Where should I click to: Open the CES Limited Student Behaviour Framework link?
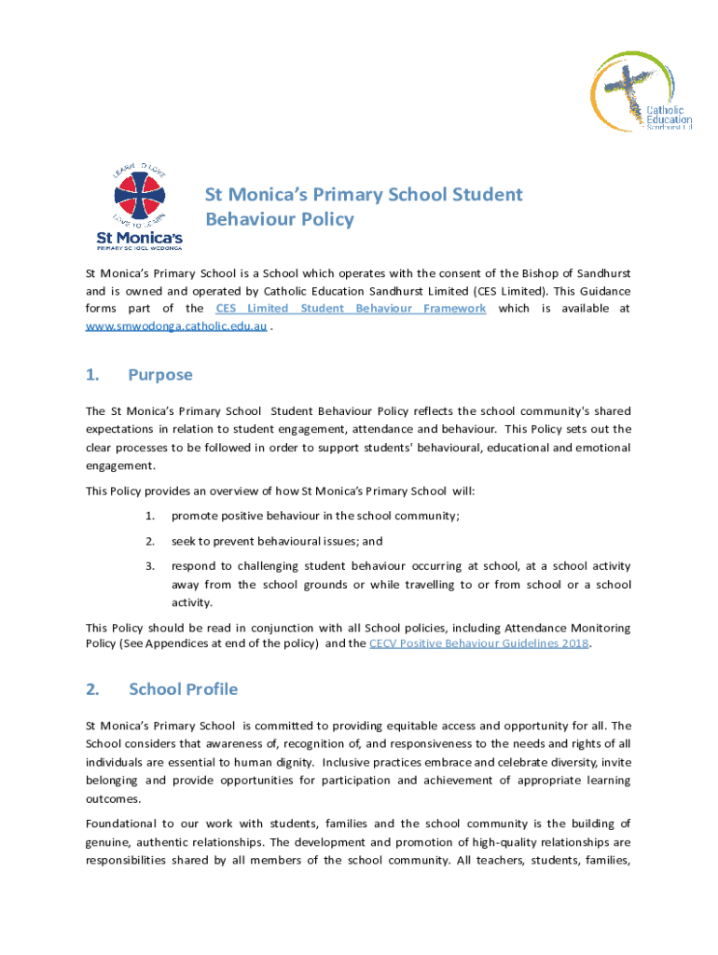click(x=350, y=309)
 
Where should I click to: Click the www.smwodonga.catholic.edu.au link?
click(x=176, y=327)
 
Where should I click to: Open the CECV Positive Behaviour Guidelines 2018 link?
click(x=479, y=644)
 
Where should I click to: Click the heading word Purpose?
click(x=160, y=375)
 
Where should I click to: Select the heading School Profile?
click(x=183, y=689)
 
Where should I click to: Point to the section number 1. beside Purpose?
click(x=92, y=375)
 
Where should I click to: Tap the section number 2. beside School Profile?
click(x=92, y=689)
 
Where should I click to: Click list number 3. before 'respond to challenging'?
click(x=149, y=566)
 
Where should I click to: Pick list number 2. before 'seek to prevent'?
click(x=149, y=541)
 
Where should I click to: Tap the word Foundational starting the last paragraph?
click(x=121, y=824)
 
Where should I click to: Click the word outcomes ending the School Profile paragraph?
click(x=113, y=799)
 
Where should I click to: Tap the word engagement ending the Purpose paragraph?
click(x=120, y=466)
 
